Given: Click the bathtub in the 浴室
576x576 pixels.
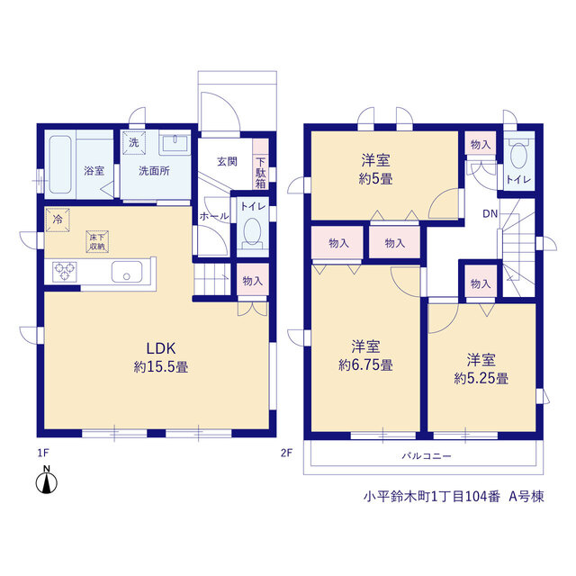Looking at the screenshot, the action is tap(60, 164).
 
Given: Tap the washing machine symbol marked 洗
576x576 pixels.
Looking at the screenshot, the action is tap(134, 142).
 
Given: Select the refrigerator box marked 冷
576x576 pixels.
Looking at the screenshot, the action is tap(58, 220).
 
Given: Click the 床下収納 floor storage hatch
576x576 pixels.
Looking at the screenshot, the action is tap(97, 241).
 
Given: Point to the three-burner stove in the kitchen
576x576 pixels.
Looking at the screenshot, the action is tap(64, 272).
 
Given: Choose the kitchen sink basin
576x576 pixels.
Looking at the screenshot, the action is tap(127, 272).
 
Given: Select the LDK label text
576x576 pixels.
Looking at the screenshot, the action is tap(161, 348).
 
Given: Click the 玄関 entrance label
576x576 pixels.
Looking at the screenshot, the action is tap(227, 161).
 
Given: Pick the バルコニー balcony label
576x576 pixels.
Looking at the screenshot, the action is tap(426, 456).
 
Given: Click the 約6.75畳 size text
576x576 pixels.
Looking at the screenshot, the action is tap(365, 364).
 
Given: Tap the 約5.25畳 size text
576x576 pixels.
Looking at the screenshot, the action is tap(481, 378).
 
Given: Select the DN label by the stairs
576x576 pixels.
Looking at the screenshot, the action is tap(490, 213).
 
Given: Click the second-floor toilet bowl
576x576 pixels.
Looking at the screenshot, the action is tap(518, 155).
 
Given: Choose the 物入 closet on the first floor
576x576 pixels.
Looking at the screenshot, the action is tap(252, 280).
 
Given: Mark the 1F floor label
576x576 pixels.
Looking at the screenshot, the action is tap(43, 453).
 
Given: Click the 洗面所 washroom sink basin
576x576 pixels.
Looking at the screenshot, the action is tap(175, 141).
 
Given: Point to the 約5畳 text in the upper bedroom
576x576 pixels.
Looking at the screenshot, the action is tap(375, 179).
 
